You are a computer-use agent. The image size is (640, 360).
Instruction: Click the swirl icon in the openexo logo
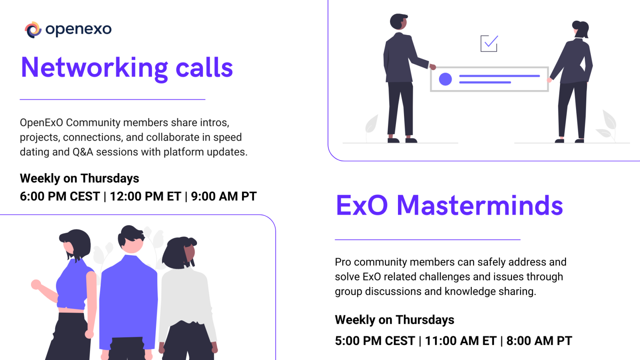point(33,30)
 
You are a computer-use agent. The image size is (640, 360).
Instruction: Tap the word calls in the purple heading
point(204,67)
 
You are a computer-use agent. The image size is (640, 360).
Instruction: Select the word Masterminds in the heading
point(480,205)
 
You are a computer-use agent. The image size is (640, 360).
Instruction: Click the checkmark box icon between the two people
point(489,43)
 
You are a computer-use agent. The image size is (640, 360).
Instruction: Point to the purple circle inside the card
point(445,79)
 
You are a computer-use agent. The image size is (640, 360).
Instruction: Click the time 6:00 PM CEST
point(60,196)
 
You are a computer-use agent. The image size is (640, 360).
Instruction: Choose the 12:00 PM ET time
point(145,196)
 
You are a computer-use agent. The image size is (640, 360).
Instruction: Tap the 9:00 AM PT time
point(224,196)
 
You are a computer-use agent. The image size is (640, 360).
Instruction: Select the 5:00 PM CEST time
point(375,341)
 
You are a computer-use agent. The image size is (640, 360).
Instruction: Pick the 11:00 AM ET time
point(460,341)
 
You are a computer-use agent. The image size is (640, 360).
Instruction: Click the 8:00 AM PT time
point(539,341)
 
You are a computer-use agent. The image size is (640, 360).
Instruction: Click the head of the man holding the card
point(399,22)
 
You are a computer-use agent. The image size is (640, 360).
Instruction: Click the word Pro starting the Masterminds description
point(343,262)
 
